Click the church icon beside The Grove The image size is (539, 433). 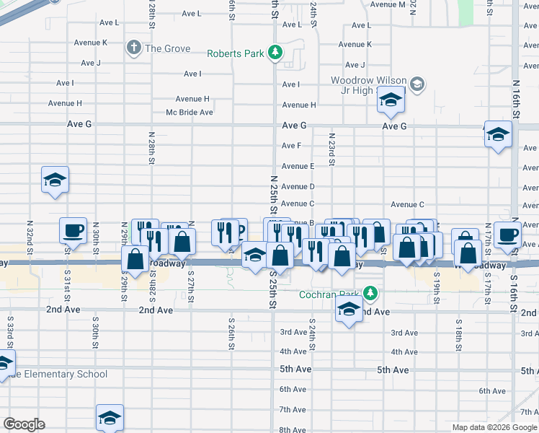[133, 48]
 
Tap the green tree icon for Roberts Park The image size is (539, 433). [275, 53]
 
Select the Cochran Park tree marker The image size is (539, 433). [370, 294]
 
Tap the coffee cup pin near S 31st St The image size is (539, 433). [73, 231]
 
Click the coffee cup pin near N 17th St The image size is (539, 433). [507, 235]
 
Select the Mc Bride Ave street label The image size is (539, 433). [190, 112]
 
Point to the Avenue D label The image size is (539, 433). [298, 186]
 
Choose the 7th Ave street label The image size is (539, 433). [293, 409]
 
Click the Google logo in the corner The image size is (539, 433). [24, 424]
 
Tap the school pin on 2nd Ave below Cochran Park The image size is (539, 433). [349, 310]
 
